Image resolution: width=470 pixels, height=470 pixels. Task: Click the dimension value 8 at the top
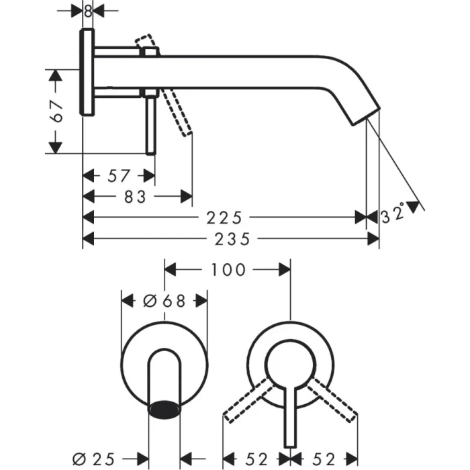pyautogui.click(x=88, y=11)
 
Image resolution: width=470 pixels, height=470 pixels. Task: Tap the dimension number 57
pyautogui.click(x=118, y=176)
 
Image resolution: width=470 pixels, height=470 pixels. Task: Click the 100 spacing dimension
pyautogui.click(x=228, y=270)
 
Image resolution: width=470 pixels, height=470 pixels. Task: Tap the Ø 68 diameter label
pyautogui.click(x=164, y=301)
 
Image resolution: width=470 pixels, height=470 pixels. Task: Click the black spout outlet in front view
pyautogui.click(x=164, y=407)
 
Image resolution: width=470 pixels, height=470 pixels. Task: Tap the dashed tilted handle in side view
pyautogui.click(x=180, y=114)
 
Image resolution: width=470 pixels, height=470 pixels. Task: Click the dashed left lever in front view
pyautogui.click(x=246, y=400)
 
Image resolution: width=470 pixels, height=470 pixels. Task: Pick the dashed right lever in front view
pyautogui.click(x=334, y=400)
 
